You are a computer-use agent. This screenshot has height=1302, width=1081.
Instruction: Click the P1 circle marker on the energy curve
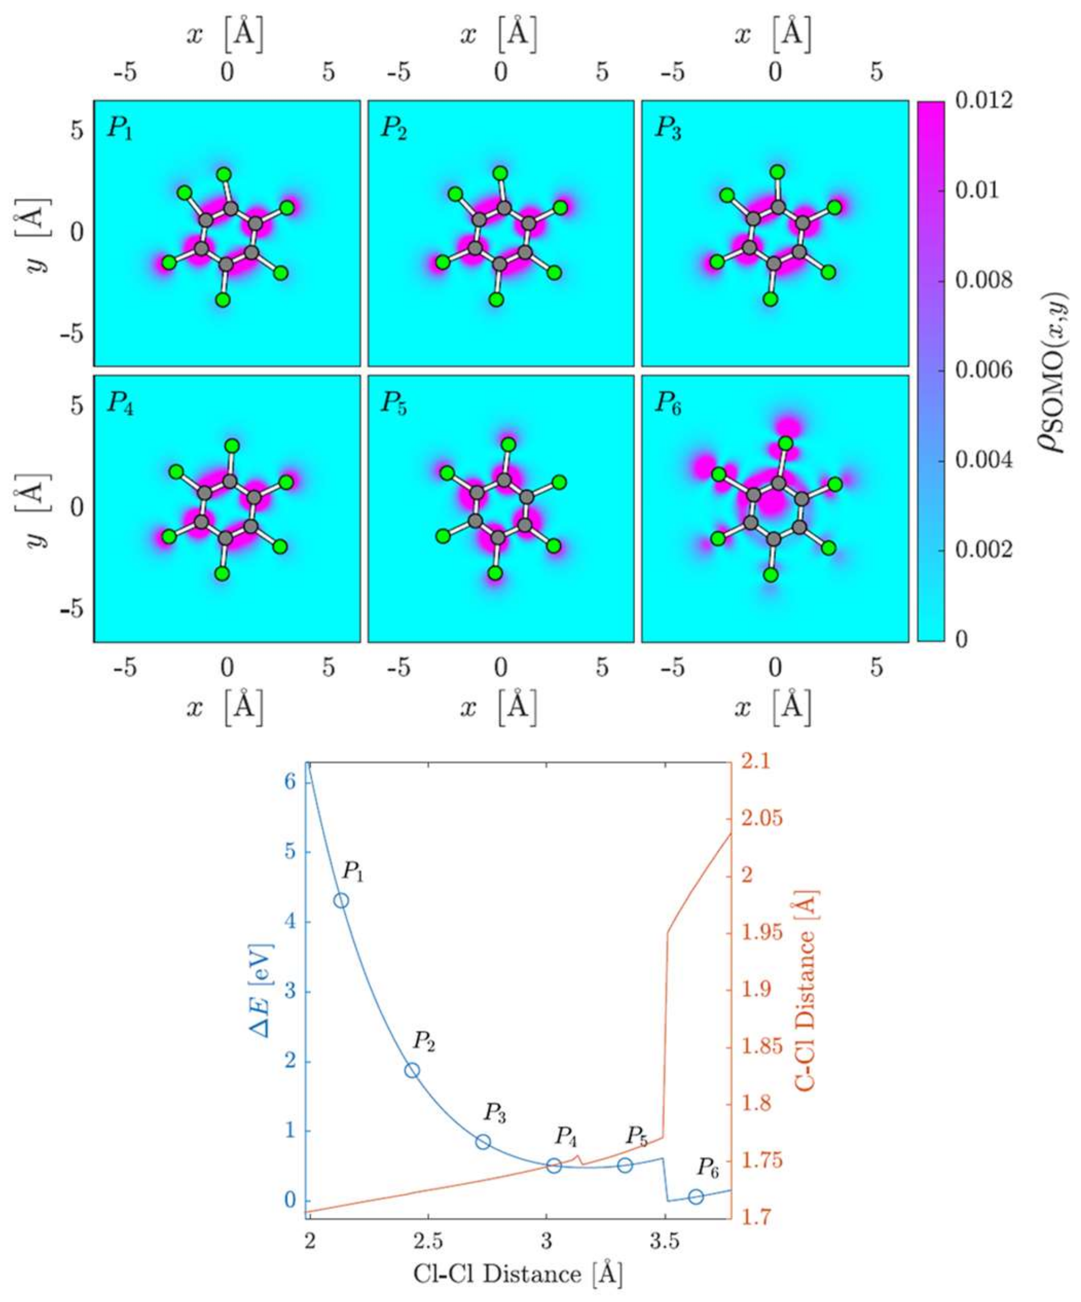pyautogui.click(x=341, y=900)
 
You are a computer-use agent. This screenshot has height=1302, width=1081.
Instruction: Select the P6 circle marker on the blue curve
pyautogui.click(x=696, y=1196)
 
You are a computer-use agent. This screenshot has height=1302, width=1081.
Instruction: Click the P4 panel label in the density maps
pyautogui.click(x=120, y=403)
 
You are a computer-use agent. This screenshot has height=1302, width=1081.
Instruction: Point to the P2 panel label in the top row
pyautogui.click(x=393, y=129)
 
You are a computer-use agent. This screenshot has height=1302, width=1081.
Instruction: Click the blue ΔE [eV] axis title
pyautogui.click(x=261, y=992)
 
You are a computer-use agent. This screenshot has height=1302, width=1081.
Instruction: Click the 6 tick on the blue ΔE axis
pyautogui.click(x=289, y=782)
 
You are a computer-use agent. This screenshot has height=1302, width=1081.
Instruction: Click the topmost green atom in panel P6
pyautogui.click(x=786, y=443)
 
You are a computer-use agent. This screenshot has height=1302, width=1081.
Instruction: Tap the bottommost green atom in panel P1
pyautogui.click(x=223, y=300)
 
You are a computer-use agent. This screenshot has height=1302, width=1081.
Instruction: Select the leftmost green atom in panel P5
pyautogui.click(x=443, y=536)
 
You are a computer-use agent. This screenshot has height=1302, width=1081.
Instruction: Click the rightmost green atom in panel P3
pyautogui.click(x=835, y=207)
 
